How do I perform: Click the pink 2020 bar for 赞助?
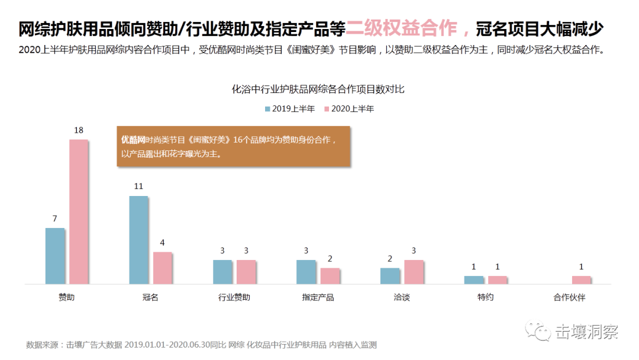(x=79, y=212)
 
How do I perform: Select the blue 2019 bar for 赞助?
(x=54, y=256)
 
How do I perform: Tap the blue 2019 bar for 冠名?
(x=138, y=240)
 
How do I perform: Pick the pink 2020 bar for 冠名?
(x=162, y=268)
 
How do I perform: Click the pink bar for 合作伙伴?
(x=581, y=280)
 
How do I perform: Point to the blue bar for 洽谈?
(x=390, y=276)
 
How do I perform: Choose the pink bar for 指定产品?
(x=330, y=276)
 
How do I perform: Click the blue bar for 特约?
(x=473, y=280)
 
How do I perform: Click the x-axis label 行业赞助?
(x=234, y=297)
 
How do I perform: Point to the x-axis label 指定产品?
(x=318, y=297)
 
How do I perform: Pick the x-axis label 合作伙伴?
(x=569, y=297)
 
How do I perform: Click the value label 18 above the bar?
(x=79, y=130)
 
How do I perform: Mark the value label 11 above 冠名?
(x=138, y=187)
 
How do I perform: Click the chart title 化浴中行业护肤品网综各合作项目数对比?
(x=318, y=89)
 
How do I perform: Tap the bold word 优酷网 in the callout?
(x=133, y=140)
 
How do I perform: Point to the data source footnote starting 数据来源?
(x=201, y=345)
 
